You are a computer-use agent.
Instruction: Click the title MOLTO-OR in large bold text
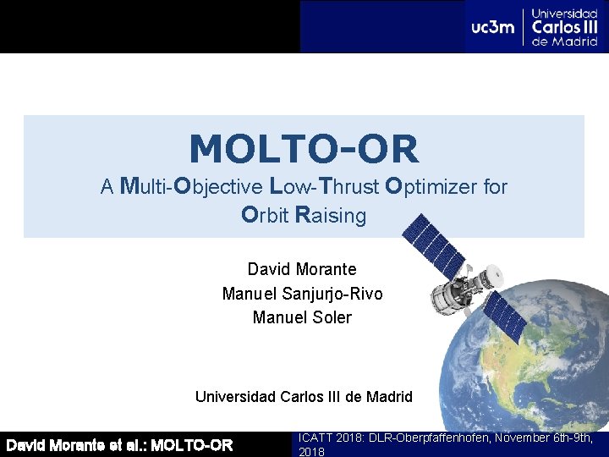[x=304, y=150]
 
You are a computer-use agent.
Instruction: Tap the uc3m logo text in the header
[x=493, y=27]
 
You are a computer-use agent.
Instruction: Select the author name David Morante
[x=302, y=269]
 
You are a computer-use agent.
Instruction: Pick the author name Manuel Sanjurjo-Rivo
[x=302, y=294]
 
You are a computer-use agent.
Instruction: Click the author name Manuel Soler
[x=302, y=317]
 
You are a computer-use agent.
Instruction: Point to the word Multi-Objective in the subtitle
[x=190, y=186]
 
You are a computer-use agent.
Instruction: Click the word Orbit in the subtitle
[x=266, y=216]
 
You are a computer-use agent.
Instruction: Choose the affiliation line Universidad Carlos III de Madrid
[x=304, y=396]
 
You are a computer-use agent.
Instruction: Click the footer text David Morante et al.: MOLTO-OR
[x=119, y=444]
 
